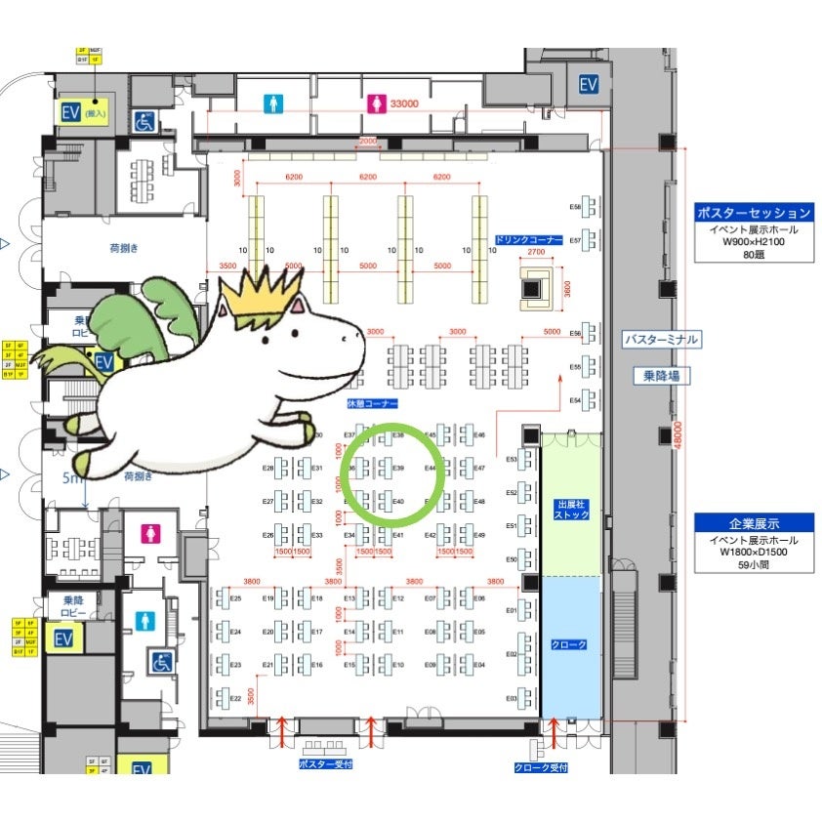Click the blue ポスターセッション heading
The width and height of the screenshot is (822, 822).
(x=753, y=213)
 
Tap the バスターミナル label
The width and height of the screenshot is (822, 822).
(x=661, y=340)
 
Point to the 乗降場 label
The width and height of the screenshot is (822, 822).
(x=661, y=376)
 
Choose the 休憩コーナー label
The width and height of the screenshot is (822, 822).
(x=373, y=403)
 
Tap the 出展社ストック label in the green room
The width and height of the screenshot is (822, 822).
(x=571, y=509)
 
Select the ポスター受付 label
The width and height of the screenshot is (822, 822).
(x=325, y=764)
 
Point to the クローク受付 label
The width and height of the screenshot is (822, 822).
(x=540, y=768)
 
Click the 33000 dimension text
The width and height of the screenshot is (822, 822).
(x=403, y=103)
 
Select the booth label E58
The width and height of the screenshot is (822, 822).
(x=575, y=207)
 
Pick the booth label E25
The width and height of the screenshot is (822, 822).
(x=235, y=598)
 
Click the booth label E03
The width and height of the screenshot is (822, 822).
(x=511, y=699)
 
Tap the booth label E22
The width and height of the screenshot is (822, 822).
(x=235, y=698)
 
